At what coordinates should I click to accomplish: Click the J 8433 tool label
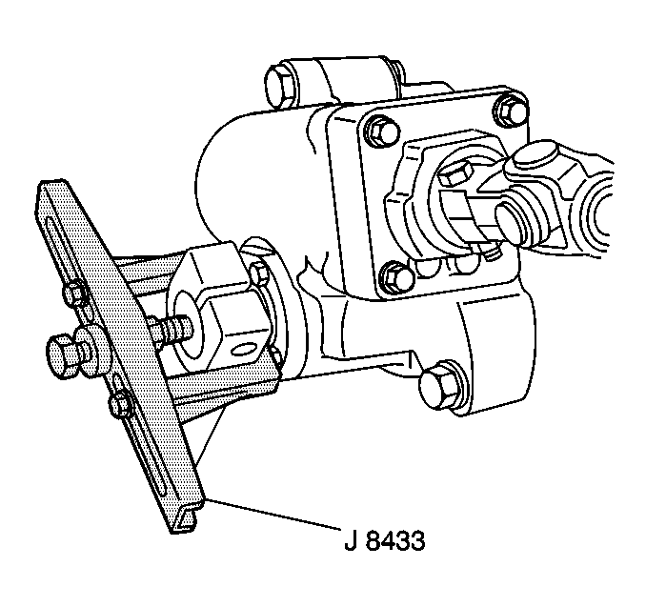(x=384, y=540)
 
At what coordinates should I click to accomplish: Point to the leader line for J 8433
(x=273, y=515)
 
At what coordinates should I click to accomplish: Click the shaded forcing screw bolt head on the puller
(x=62, y=355)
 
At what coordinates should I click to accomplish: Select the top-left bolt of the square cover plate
(x=382, y=131)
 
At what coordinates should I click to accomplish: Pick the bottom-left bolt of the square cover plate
(x=396, y=277)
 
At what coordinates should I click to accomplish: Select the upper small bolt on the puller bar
(x=75, y=293)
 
